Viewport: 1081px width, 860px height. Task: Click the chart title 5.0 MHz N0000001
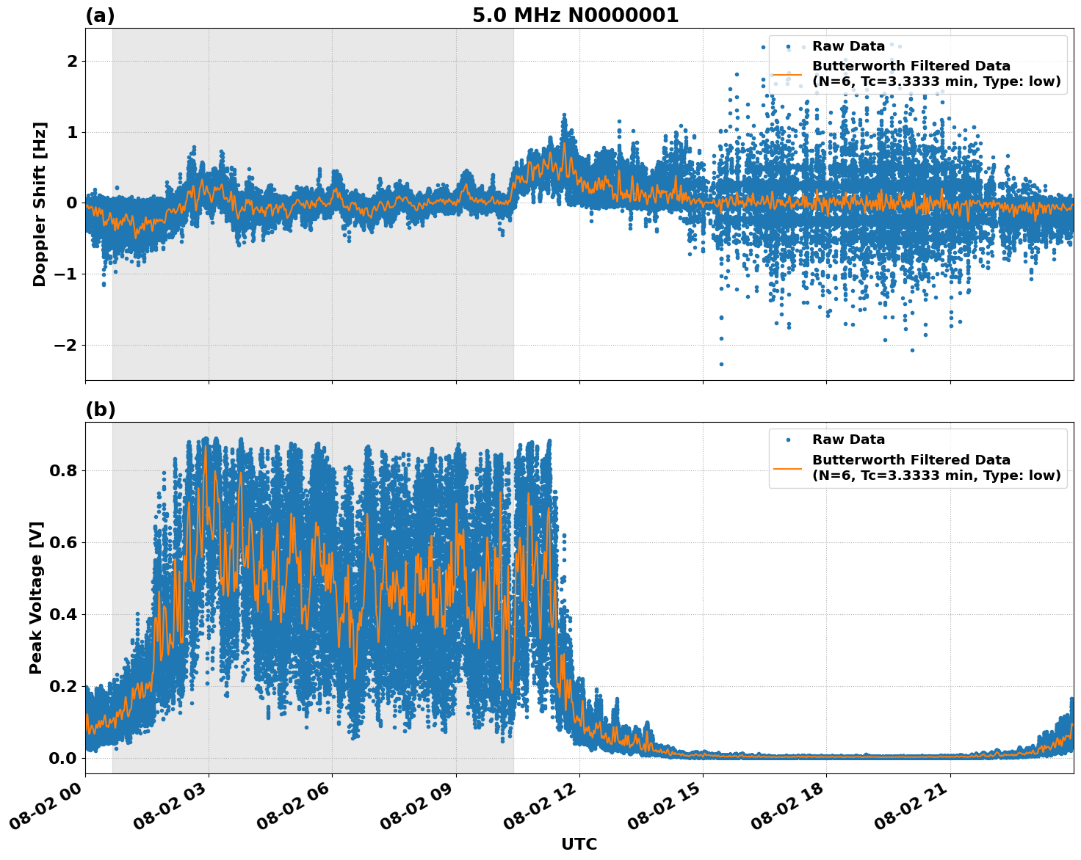click(575, 15)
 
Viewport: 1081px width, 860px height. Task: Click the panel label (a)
click(100, 15)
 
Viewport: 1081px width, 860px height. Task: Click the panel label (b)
click(100, 409)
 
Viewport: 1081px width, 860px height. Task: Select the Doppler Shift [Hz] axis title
click(40, 204)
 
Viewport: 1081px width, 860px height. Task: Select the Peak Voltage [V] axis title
click(36, 597)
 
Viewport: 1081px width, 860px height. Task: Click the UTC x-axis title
click(579, 844)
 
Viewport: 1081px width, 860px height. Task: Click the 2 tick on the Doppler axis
click(72, 61)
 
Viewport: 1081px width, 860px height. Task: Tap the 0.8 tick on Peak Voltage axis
click(64, 470)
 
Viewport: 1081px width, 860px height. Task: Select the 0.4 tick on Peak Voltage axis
click(64, 614)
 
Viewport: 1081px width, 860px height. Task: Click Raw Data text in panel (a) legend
click(848, 46)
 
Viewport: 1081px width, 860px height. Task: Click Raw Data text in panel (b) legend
click(848, 440)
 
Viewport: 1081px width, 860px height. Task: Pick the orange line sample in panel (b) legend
click(788, 467)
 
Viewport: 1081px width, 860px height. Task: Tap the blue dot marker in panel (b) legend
click(788, 440)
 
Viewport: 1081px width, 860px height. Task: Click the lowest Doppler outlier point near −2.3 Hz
click(721, 364)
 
